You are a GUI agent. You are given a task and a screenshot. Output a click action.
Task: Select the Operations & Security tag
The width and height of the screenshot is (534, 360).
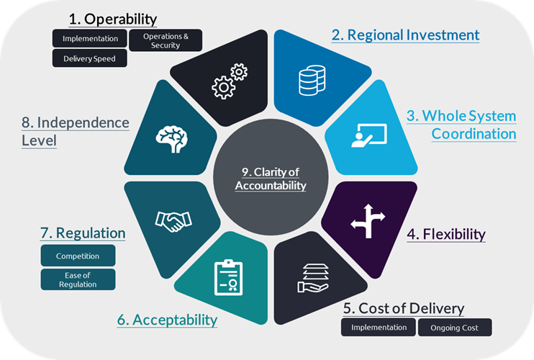(166, 40)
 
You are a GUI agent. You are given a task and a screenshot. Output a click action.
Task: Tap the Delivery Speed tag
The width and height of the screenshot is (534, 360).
(89, 59)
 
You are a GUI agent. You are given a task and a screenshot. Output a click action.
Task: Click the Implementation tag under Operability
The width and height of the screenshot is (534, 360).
(90, 38)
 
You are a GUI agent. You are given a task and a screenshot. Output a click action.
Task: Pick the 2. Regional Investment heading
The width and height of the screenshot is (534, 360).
(405, 35)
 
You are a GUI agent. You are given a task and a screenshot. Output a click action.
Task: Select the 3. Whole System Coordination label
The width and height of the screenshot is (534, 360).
(461, 124)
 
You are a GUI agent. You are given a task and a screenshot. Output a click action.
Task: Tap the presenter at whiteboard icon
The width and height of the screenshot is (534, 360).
(368, 135)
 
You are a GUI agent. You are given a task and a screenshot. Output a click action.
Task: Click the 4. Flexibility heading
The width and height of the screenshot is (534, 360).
(446, 234)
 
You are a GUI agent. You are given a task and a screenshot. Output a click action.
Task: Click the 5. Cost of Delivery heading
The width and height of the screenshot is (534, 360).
(403, 308)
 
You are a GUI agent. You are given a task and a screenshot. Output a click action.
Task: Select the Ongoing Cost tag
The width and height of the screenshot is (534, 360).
(455, 328)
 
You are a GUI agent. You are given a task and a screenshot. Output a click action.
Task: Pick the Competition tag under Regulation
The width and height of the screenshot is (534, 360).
(78, 256)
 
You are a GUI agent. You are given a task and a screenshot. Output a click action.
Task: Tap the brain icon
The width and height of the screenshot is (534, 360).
(171, 138)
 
